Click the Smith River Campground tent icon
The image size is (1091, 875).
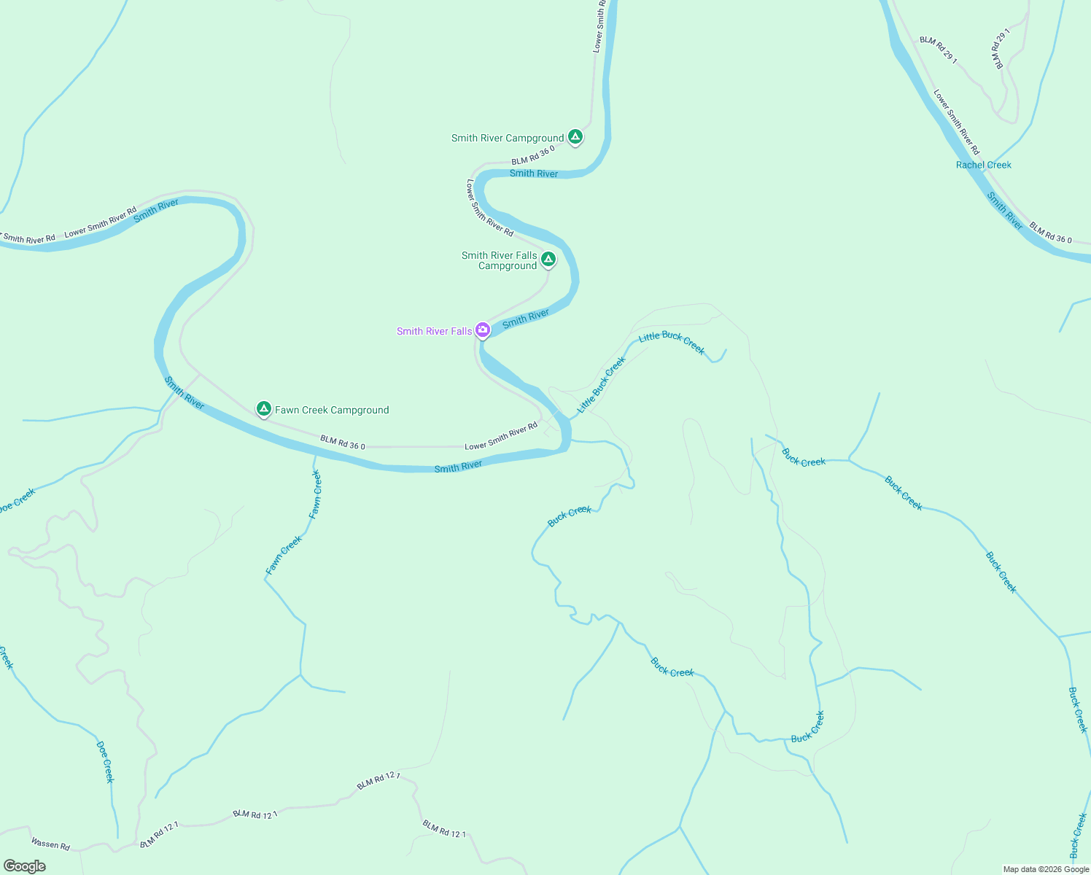[575, 136]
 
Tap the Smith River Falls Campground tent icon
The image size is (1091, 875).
[548, 259]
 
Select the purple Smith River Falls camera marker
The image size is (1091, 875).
[483, 330]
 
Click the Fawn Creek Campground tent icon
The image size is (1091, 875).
[264, 408]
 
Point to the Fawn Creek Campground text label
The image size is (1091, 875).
[332, 411]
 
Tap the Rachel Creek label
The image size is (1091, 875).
[983, 165]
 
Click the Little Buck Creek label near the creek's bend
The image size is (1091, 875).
[672, 342]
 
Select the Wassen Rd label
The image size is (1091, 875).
[50, 844]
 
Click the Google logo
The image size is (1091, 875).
[24, 866]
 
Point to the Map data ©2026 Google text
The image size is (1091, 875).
[1046, 869]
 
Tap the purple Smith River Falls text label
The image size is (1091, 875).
[434, 331]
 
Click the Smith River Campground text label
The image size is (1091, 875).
[508, 138]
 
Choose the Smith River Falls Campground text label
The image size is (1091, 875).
[500, 260]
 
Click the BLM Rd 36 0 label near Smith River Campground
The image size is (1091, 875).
[533, 155]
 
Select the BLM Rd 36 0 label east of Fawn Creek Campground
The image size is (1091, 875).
[342, 442]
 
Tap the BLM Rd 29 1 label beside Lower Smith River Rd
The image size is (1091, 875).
[938, 50]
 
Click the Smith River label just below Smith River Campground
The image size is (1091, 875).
[534, 174]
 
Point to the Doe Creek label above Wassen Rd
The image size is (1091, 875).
[106, 761]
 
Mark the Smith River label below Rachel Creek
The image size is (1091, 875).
[1005, 211]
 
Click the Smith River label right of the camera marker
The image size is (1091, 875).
[526, 318]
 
